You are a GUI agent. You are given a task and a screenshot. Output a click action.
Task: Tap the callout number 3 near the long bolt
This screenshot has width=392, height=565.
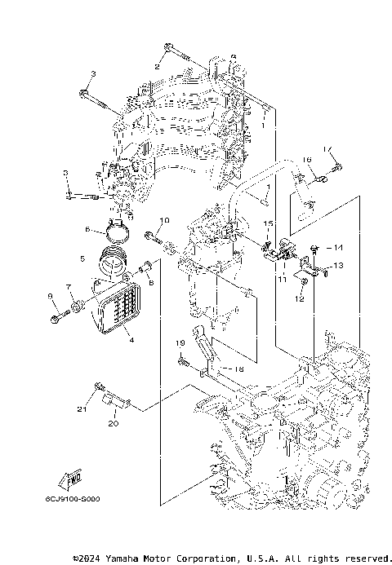coord(93,74)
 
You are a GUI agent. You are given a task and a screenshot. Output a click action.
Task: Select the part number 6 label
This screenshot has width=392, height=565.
coord(87,231)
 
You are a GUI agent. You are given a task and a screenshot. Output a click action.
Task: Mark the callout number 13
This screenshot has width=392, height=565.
coord(339,266)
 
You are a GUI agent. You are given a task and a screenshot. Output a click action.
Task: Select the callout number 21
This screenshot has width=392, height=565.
coord(82,408)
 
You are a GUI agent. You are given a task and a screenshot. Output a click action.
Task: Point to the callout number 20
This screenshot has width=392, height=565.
coord(113,424)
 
